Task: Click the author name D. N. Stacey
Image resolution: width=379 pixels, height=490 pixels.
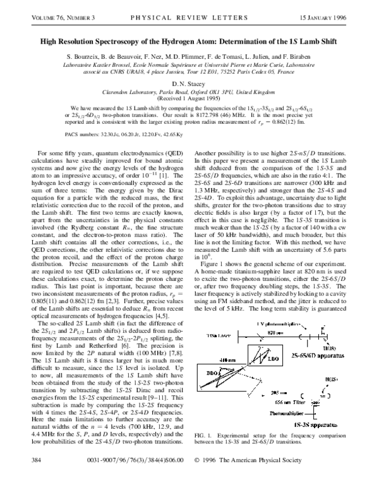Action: (x=189, y=83)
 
